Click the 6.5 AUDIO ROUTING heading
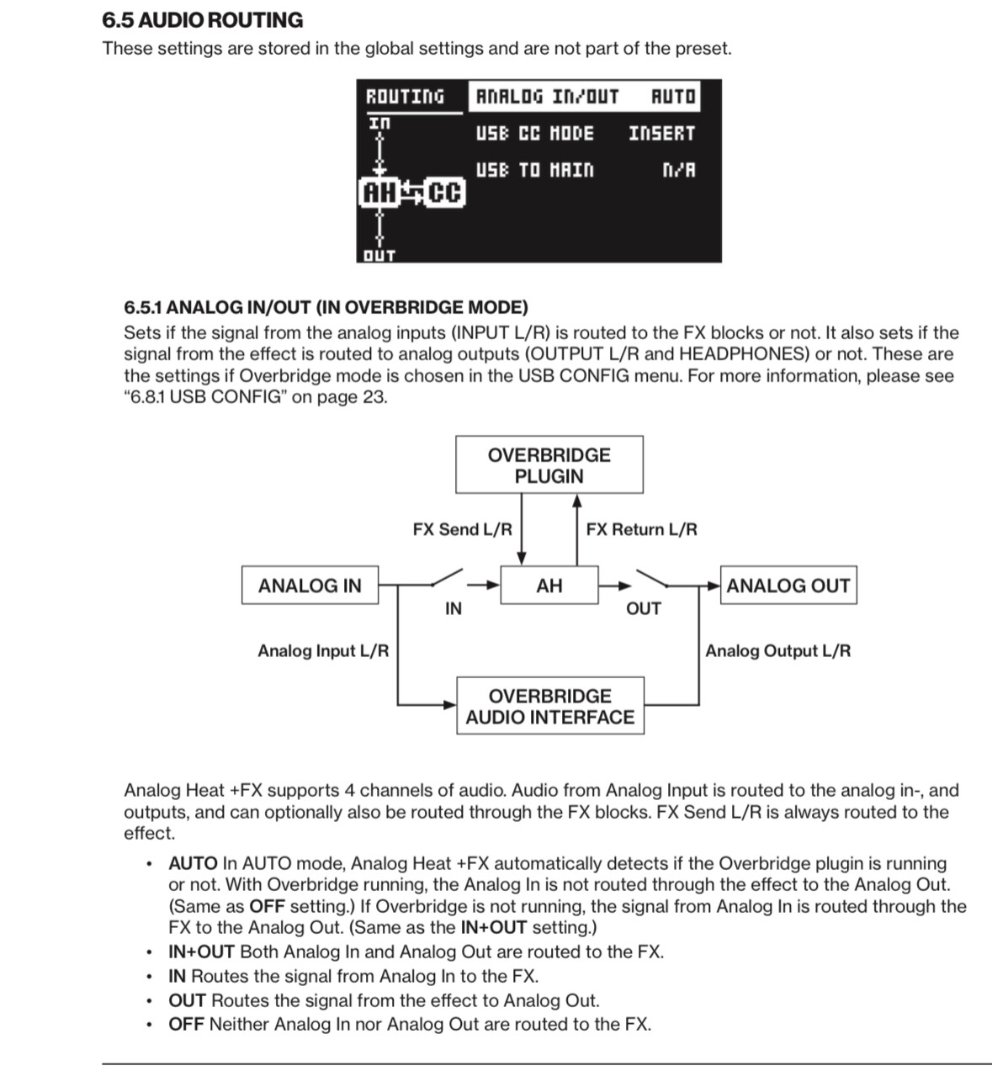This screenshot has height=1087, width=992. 202,20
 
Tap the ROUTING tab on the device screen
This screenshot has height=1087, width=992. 405,97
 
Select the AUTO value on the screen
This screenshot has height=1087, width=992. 673,97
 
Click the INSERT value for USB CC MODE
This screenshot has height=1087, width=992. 661,134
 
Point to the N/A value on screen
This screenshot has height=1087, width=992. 679,170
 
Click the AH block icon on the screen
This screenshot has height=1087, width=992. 379,194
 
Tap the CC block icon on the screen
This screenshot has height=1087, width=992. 443,194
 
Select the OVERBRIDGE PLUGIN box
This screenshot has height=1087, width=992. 549,464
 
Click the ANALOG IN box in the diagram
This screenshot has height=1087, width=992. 309,586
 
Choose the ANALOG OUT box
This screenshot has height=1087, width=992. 788,586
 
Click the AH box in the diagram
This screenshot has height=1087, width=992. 549,586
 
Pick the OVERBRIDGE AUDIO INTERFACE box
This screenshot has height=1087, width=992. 549,706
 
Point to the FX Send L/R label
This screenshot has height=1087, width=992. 462,529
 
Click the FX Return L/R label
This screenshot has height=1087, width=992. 641,529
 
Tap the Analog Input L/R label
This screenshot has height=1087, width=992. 323,650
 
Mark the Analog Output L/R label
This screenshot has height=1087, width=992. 777,650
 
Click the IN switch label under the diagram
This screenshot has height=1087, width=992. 453,608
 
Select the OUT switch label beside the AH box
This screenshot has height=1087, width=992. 643,608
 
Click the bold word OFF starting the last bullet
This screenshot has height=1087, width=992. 186,1024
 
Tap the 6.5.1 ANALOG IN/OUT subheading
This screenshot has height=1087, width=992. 326,307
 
